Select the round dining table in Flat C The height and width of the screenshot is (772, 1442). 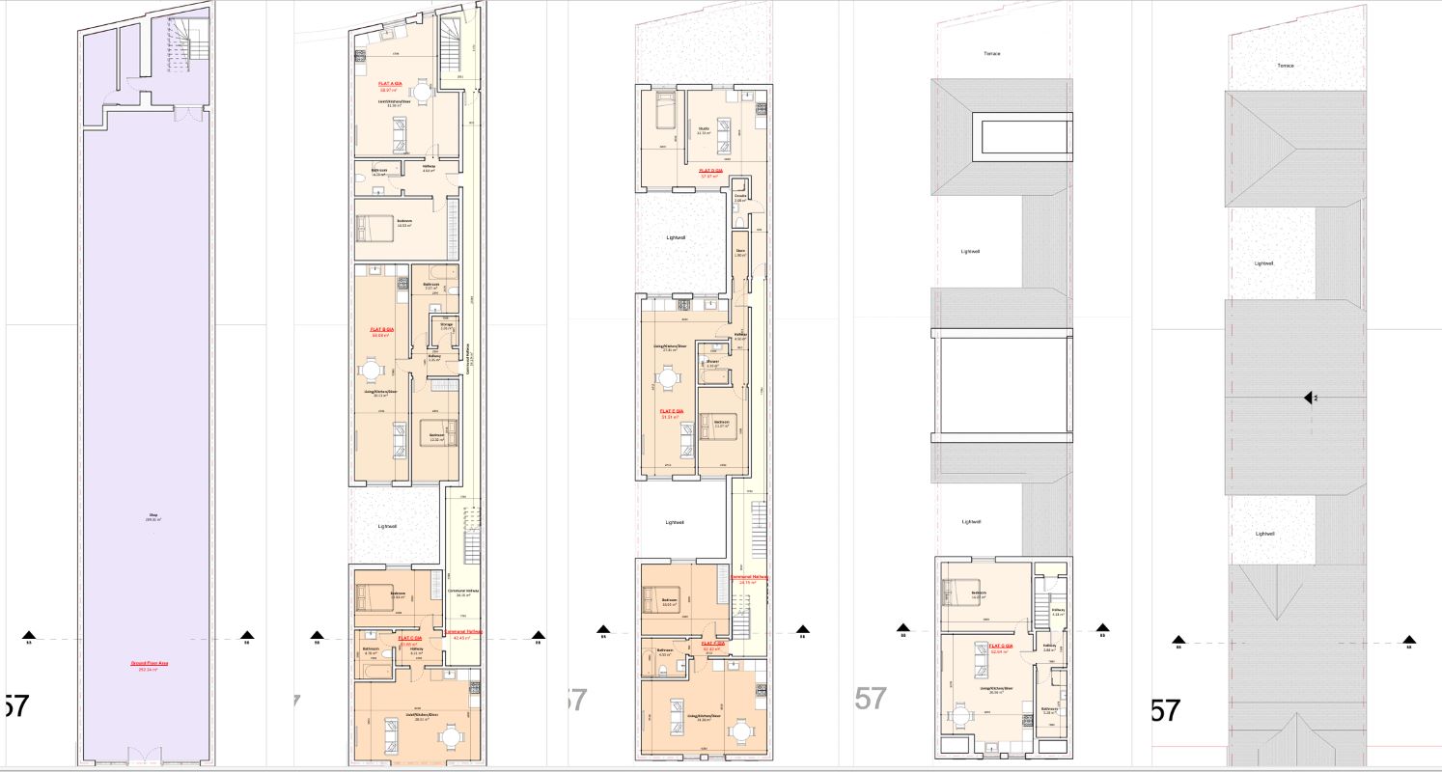click(450, 737)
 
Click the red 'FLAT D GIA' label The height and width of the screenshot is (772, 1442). click(711, 173)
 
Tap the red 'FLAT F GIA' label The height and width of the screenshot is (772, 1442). click(713, 645)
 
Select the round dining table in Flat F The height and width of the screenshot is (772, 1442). click(740, 732)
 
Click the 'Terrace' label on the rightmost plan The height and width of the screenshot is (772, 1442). click(1285, 66)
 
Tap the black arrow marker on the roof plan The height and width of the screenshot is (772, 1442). click(1309, 398)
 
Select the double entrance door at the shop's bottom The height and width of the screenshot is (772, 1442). click(147, 756)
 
